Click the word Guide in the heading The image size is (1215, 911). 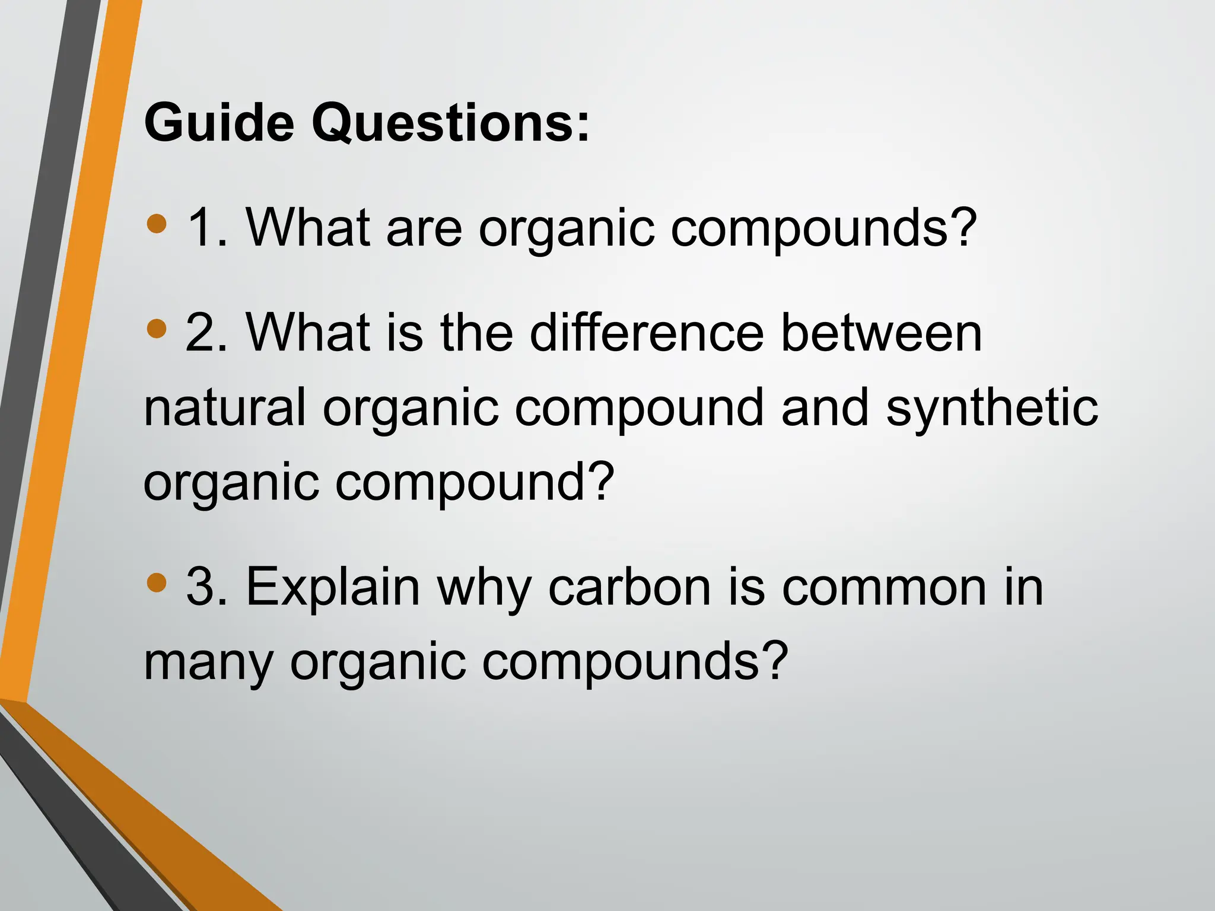pyautogui.click(x=219, y=123)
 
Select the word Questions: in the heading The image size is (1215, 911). pyautogui.click(x=451, y=123)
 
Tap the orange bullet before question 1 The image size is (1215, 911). pyautogui.click(x=157, y=224)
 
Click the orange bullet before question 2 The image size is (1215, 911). pyautogui.click(x=157, y=328)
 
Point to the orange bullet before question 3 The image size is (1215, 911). pyautogui.click(x=157, y=582)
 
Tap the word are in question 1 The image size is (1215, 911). pyautogui.click(x=424, y=228)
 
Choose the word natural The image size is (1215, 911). pyautogui.click(x=225, y=407)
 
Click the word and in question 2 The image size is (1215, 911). pyautogui.click(x=825, y=407)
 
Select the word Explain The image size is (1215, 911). pyautogui.click(x=333, y=588)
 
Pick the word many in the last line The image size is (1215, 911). pyautogui.click(x=208, y=663)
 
